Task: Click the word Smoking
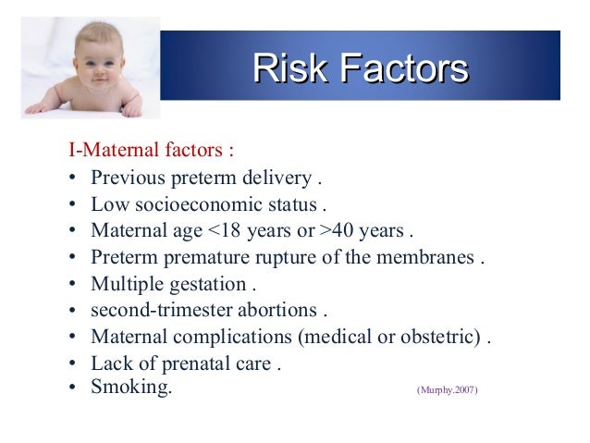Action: [130, 387]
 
